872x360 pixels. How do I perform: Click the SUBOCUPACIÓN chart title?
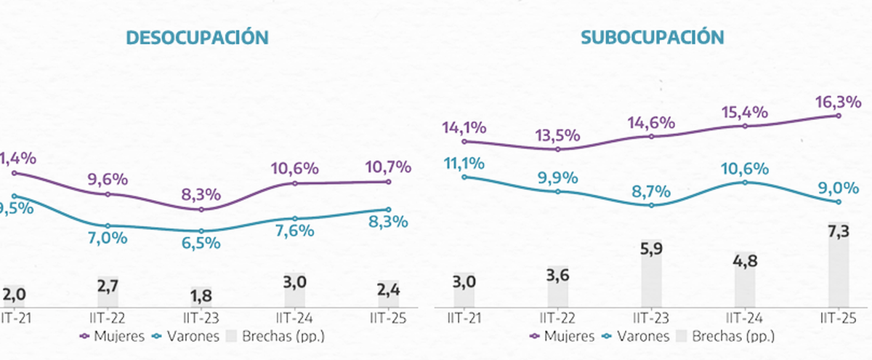(x=652, y=38)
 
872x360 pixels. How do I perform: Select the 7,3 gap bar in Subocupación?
(x=839, y=264)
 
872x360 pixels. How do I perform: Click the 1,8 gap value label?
(x=201, y=295)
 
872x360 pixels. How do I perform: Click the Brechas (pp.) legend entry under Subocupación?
(x=727, y=336)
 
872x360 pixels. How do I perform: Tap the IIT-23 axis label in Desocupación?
(x=201, y=318)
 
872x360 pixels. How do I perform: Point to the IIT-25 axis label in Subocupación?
(x=839, y=318)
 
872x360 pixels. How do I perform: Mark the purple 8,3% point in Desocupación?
(x=201, y=209)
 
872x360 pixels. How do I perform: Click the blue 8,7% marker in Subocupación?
(x=652, y=205)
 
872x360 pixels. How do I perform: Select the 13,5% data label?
(x=558, y=135)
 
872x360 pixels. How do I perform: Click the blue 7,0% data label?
(x=108, y=238)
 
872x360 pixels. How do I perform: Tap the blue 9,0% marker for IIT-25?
(x=839, y=202)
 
